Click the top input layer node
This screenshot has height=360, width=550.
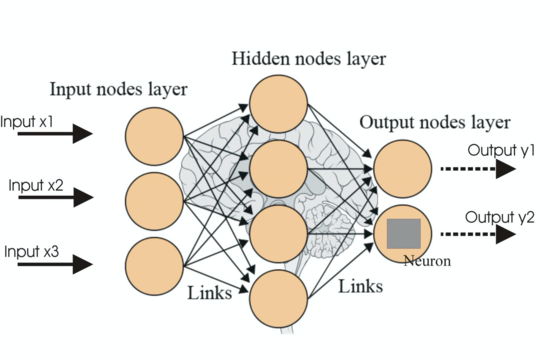156,133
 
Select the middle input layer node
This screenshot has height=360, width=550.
156,198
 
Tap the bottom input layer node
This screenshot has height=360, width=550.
156,262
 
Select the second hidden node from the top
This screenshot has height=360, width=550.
277,168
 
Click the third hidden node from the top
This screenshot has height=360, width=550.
277,234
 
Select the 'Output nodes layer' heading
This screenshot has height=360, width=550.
434,123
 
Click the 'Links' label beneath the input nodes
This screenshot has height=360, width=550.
210,293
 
